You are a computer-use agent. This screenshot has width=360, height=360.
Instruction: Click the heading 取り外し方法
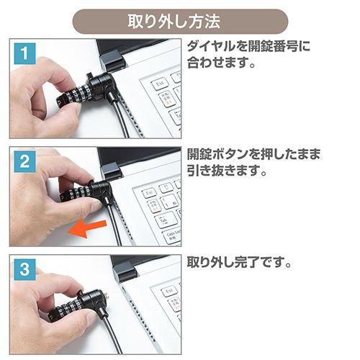pos(180,21)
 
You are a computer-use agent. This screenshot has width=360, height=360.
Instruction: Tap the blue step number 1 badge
pos(24,53)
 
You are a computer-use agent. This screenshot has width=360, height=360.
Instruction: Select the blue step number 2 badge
pos(24,162)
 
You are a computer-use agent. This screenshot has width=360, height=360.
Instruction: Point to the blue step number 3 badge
pos(24,271)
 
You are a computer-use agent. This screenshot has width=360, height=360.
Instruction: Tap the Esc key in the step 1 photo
pos(159,83)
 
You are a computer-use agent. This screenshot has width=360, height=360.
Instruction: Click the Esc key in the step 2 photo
pos(149,192)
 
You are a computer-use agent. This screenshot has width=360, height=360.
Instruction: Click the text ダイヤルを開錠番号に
pos(249,48)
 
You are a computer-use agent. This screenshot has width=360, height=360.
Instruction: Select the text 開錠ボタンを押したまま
pos(253,156)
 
